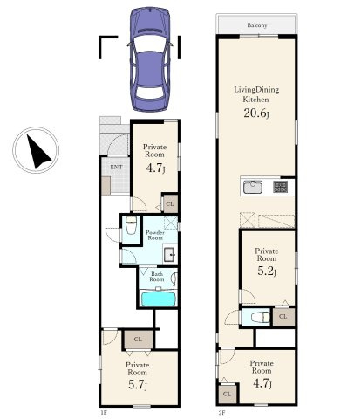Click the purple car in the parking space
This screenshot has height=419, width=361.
[150, 59]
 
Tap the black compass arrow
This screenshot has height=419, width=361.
[37, 152]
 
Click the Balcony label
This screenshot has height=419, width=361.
[257, 25]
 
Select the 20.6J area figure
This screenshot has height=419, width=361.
[256, 113]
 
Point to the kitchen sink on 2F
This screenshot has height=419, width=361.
[253, 187]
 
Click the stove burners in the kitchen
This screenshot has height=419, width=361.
[280, 187]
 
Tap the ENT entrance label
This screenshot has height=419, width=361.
[116, 167]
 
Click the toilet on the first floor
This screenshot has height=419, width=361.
[131, 225]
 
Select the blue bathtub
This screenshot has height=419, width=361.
[159, 299]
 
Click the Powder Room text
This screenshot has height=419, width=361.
[155, 235]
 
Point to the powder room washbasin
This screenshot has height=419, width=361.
[169, 255]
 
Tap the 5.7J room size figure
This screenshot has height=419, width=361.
[138, 385]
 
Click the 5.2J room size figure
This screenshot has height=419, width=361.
[267, 271]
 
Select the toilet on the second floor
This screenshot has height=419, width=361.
[260, 317]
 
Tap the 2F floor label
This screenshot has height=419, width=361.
[221, 412]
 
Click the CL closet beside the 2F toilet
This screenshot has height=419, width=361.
[283, 317]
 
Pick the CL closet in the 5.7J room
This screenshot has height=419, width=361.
[138, 340]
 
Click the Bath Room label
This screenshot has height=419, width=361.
[157, 277]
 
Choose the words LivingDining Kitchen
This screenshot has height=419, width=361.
[256, 94]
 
